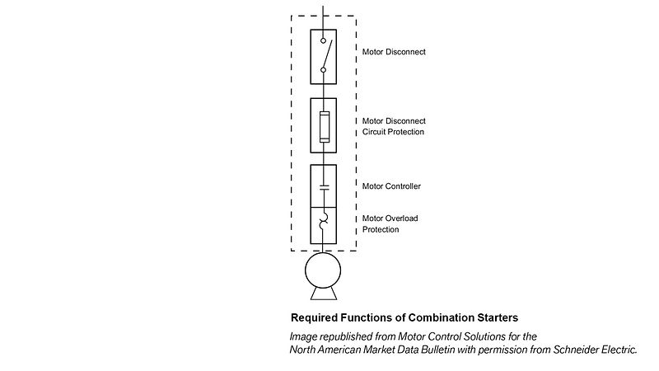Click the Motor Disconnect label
coord(394,52)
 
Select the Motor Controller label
coord(391,186)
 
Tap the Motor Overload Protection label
coord(391,224)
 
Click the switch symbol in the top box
coord(324,55)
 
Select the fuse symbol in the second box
coord(324,126)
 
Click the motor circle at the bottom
coord(324,270)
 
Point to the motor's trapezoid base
coord(324,294)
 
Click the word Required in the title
coord(317,317)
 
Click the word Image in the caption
coord(304,336)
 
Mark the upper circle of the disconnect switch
coord(324,40)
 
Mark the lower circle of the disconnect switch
coord(324,70)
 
